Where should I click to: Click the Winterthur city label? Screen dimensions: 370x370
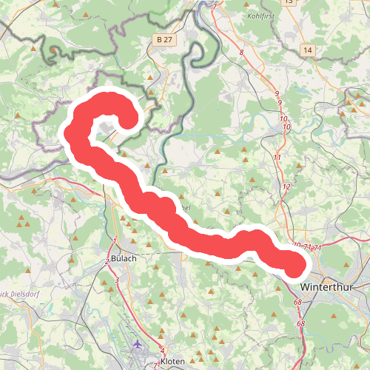click(329, 285)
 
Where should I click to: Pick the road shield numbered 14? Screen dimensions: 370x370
click(308, 49)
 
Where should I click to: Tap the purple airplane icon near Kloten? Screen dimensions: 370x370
click(138, 344)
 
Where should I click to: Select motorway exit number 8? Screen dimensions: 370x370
click(241, 53)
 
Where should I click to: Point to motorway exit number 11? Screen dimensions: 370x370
click(277, 158)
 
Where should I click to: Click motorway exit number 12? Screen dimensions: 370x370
click(286, 186)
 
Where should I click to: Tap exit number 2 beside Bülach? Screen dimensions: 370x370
click(108, 261)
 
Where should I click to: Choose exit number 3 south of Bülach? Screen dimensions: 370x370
click(117, 280)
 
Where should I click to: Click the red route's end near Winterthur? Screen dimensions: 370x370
click(294, 264)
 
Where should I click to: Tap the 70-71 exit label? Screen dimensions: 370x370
click(307, 246)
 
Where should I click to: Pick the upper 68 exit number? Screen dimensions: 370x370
click(298, 302)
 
